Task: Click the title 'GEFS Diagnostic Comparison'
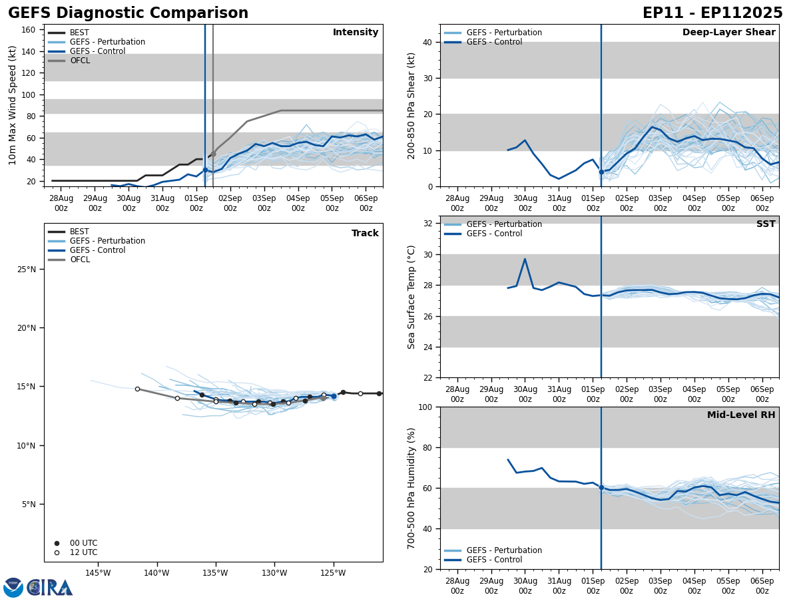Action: point(128,13)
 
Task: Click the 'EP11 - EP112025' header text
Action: point(712,13)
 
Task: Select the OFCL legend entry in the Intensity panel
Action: point(79,61)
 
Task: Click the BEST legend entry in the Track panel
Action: point(79,232)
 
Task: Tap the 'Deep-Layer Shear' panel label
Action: point(728,33)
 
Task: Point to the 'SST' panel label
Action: point(766,224)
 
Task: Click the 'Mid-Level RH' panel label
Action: point(741,415)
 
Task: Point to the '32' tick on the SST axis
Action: point(429,223)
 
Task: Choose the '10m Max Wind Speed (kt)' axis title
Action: point(13,105)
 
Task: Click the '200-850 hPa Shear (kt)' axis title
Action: point(411,105)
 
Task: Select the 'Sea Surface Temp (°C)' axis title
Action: point(411,297)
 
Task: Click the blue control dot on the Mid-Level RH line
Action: point(601,487)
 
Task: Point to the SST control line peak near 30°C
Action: point(525,259)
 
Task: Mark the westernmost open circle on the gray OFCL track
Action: point(137,389)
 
